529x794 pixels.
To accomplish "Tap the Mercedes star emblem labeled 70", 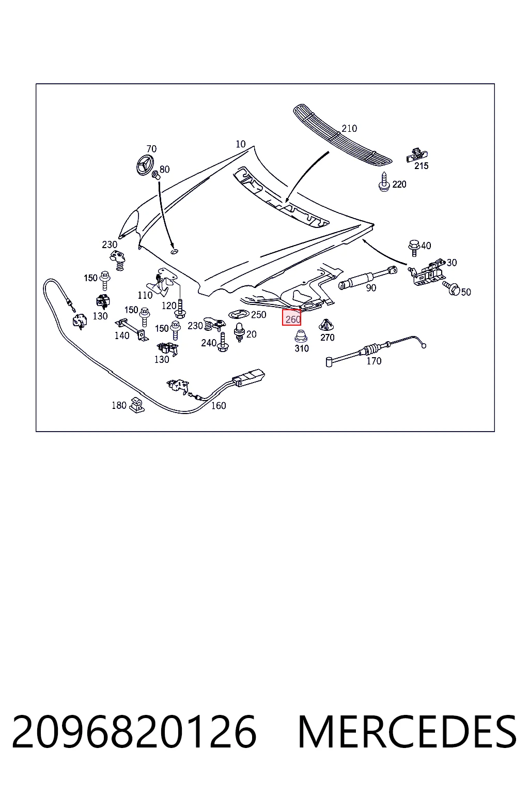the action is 147,164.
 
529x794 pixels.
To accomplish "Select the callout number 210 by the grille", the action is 349,129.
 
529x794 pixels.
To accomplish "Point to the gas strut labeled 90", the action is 367,277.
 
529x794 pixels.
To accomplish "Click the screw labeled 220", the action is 384,182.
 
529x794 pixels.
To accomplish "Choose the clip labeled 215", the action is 417,155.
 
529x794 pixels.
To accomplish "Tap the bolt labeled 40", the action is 413,248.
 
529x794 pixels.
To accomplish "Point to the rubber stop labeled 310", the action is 301,336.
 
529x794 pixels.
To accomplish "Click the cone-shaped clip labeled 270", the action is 326,325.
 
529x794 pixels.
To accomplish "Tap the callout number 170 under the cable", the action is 374,361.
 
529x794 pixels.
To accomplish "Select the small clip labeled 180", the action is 137,405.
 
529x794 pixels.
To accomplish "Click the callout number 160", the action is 218,405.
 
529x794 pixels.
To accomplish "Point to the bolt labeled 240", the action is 223,342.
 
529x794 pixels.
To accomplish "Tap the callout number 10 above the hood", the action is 241,144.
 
